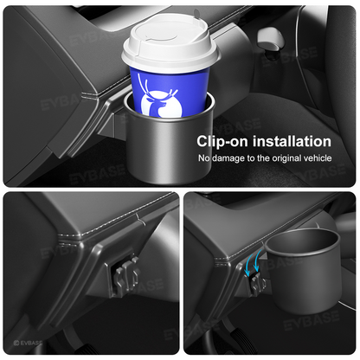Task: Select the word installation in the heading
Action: coord(290,141)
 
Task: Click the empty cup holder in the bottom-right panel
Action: coord(299,277)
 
